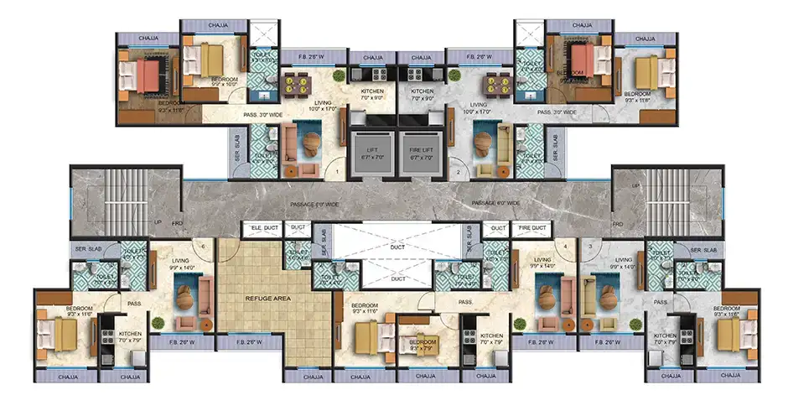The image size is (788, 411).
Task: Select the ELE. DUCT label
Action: (x=264, y=227)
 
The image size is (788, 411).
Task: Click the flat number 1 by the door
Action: (x=337, y=172)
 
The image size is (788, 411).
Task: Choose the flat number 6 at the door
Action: (x=203, y=245)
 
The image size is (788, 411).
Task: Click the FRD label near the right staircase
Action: (x=618, y=224)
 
